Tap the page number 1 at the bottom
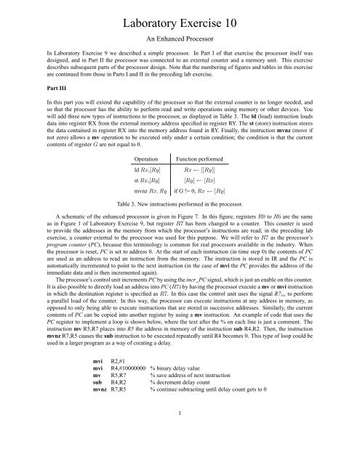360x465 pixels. (180, 455)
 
